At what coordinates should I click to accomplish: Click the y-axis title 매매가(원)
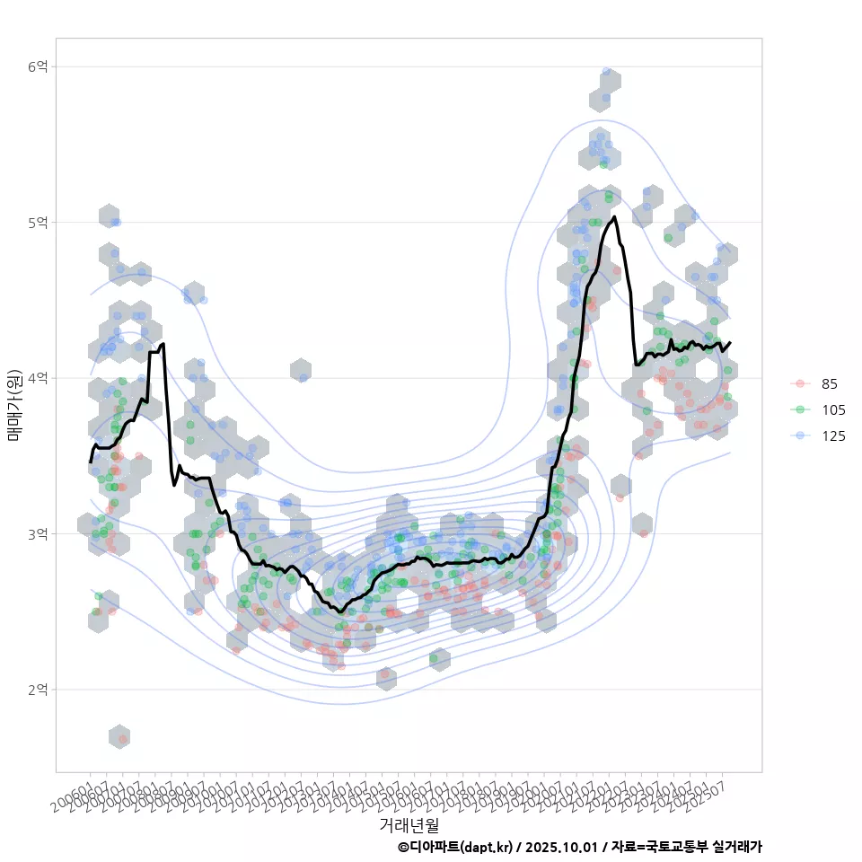[x=14, y=405]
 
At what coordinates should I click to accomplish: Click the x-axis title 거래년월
[x=409, y=824]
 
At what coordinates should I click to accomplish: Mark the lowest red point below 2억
[x=123, y=739]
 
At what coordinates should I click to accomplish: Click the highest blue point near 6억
[x=607, y=72]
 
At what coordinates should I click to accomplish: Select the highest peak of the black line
[x=614, y=216]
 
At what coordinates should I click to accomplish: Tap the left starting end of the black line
[x=91, y=462]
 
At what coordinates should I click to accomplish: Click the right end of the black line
[x=730, y=342]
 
